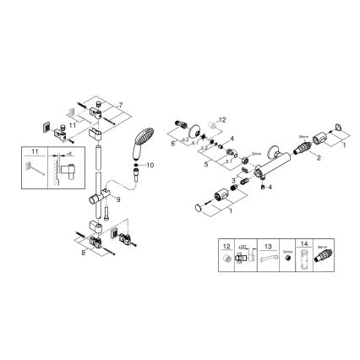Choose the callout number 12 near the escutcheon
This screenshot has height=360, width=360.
(223, 121)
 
